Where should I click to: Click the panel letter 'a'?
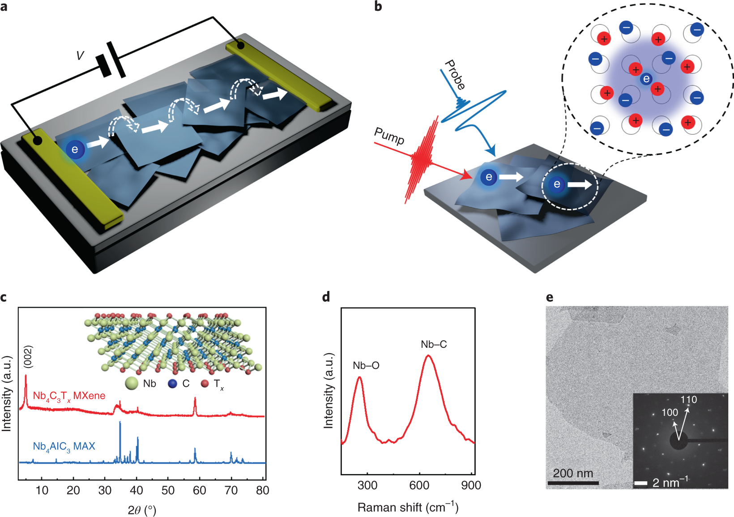pyautogui.click(x=4, y=8)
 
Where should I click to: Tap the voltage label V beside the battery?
pyautogui.click(x=80, y=56)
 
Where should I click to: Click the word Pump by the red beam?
pyautogui.click(x=389, y=136)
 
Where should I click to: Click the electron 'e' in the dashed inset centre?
pyautogui.click(x=646, y=79)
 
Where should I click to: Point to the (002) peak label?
pyautogui.click(x=28, y=357)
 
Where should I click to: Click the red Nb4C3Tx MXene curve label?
pyautogui.click(x=69, y=396)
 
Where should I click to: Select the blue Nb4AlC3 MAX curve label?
pyautogui.click(x=64, y=447)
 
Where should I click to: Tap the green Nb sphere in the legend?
pyautogui.click(x=132, y=384)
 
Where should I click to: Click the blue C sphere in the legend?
pyautogui.click(x=172, y=384)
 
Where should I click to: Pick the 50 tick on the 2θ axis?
pyautogui.click(x=168, y=491)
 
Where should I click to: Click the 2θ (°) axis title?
pyautogui.click(x=142, y=510)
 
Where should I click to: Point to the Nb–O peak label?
pyautogui.click(x=366, y=366)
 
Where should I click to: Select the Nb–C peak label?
pyautogui.click(x=434, y=344)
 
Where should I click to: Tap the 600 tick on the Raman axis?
pyautogui.click(x=419, y=485)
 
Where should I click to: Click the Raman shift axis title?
pyautogui.click(x=408, y=507)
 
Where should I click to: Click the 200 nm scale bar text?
pyautogui.click(x=573, y=473)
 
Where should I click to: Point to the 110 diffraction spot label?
pyautogui.click(x=689, y=400)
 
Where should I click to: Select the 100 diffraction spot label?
pyautogui.click(x=670, y=412)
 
